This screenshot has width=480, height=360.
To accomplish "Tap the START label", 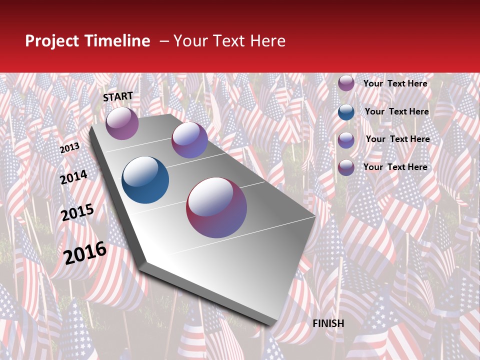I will (x=118, y=96).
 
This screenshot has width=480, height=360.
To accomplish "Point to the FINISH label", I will (x=328, y=323).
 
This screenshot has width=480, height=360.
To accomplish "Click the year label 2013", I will (x=69, y=147).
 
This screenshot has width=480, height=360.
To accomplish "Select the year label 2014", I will (x=73, y=177).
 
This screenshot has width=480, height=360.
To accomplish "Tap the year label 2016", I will (x=85, y=252).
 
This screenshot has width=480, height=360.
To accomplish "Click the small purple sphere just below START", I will (x=122, y=123).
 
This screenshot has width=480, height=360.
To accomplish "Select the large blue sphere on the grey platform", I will (x=145, y=180).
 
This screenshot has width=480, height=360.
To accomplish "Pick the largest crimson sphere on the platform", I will (x=216, y=207).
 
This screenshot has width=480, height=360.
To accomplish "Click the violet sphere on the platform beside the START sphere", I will (x=189, y=140).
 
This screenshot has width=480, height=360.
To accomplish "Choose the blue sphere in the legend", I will (x=346, y=112).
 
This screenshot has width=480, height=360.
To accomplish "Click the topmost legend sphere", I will (x=346, y=83).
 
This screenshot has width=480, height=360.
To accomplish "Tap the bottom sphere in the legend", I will (x=346, y=167).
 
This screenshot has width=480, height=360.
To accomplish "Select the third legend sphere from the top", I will (x=346, y=140).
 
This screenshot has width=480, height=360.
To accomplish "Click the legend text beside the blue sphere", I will (x=397, y=111).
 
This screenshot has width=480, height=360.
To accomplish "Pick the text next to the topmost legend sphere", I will (x=395, y=83).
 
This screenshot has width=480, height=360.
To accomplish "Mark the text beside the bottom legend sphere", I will (x=395, y=167).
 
